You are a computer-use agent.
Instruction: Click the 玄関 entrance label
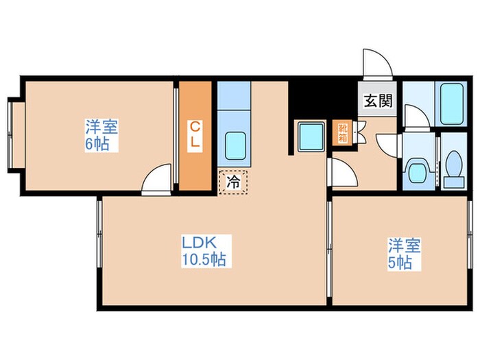(378, 101)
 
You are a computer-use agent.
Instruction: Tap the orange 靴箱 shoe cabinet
(342, 133)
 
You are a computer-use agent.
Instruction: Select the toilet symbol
(453, 167)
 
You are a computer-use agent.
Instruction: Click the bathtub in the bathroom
(452, 103)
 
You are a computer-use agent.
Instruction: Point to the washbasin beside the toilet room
(418, 169)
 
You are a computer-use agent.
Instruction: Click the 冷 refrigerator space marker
(233, 182)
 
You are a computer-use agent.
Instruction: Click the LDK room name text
(199, 243)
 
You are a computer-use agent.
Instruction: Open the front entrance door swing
(377, 63)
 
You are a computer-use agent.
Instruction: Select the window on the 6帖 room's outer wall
(11, 134)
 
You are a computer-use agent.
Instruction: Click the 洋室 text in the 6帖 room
(102, 128)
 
